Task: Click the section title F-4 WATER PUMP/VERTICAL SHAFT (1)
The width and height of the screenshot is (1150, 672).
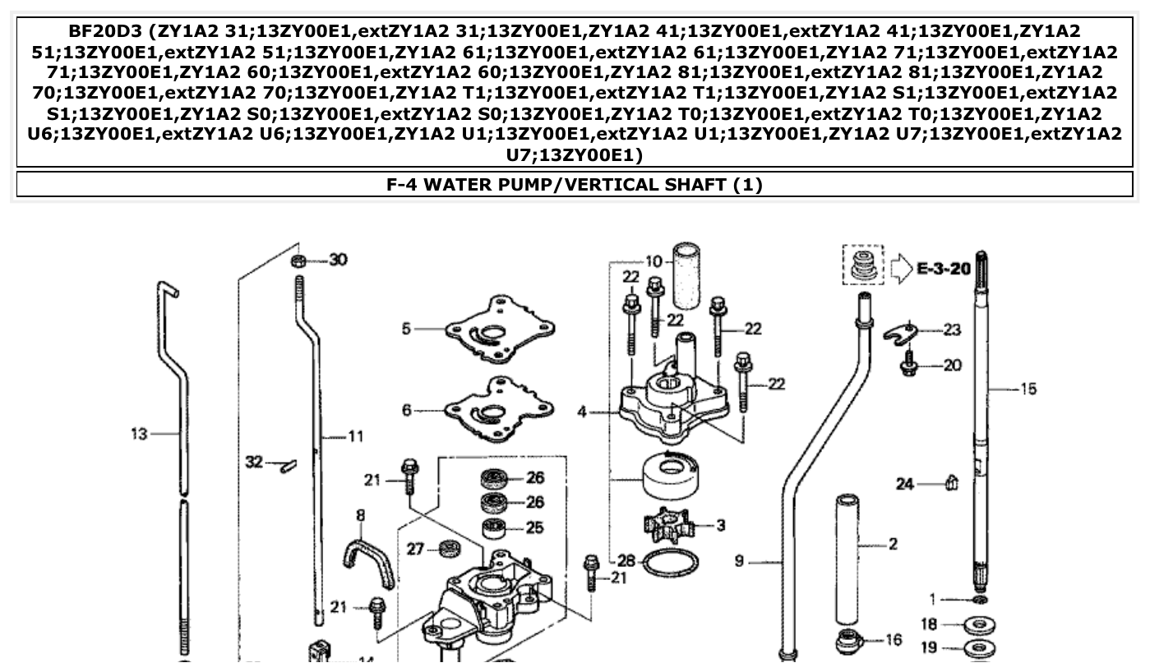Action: pos(575,185)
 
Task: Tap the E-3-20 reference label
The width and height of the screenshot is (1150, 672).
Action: pos(943,269)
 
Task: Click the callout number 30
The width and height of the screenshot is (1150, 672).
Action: pos(338,260)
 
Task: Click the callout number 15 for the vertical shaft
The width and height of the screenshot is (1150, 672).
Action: pos(1028,389)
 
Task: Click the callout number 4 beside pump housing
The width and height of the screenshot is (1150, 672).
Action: pos(582,411)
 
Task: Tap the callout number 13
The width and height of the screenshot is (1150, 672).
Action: pos(139,434)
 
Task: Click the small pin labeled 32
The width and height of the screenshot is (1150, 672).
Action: pos(286,465)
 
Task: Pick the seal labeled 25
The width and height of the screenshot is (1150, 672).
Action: pos(495,527)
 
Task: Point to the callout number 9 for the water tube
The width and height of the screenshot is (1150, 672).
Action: pos(739,561)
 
